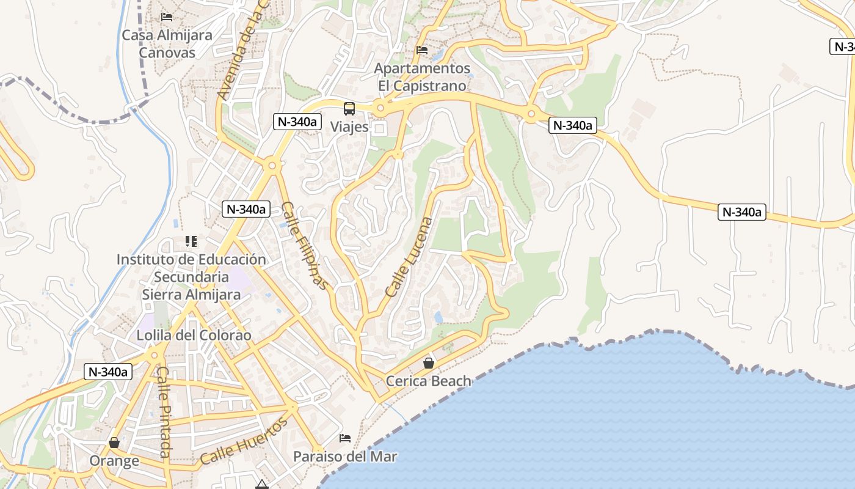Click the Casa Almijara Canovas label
click(x=167, y=43)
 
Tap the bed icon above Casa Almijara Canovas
click(x=167, y=17)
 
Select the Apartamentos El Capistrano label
click(x=422, y=77)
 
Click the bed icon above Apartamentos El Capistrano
click(x=422, y=50)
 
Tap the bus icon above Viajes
click(x=349, y=109)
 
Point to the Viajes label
click(x=349, y=127)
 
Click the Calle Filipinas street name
click(x=305, y=245)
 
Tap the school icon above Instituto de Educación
click(x=191, y=242)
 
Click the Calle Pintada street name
click(x=163, y=411)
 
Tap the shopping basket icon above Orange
click(x=114, y=443)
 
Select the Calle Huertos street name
click(x=244, y=442)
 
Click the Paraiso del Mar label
click(x=345, y=457)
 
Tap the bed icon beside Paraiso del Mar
click(x=345, y=438)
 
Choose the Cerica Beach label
click(x=429, y=381)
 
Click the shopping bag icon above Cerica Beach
click(x=429, y=363)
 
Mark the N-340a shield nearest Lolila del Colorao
click(x=108, y=372)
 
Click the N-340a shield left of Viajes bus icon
click(x=297, y=122)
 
